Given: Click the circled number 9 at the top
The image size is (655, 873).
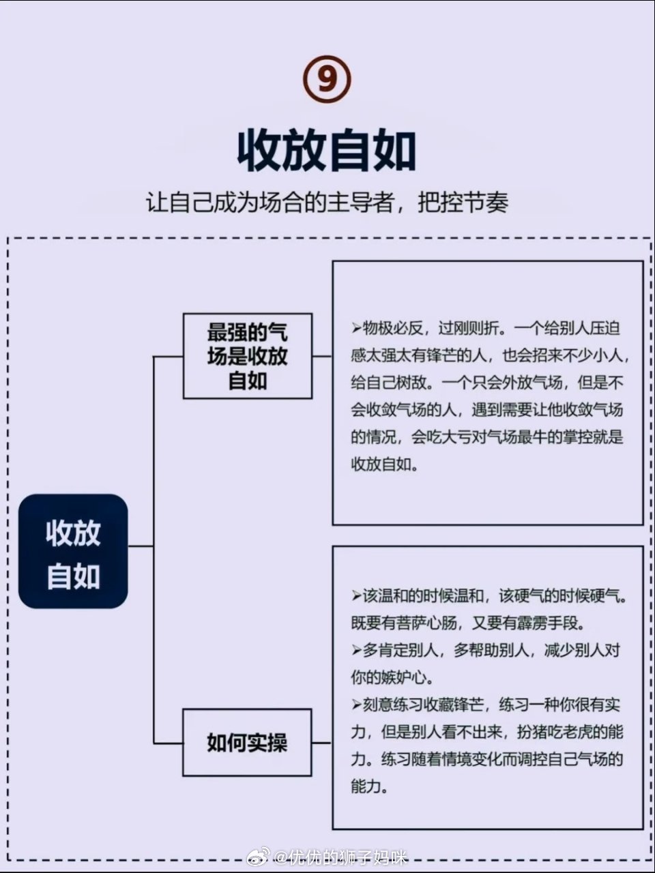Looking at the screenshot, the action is (327, 79).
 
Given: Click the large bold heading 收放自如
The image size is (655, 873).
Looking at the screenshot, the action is (327, 150).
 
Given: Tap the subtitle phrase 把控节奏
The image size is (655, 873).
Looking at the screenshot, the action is (463, 203).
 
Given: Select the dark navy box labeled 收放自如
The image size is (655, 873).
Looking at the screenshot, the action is (73, 551).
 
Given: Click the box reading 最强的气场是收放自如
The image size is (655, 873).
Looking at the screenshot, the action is (248, 356).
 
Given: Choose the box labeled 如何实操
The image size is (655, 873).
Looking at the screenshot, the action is (247, 742).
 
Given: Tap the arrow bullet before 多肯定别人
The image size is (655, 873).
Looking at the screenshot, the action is (356, 650).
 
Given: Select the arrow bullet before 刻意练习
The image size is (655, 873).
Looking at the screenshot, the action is (356, 705).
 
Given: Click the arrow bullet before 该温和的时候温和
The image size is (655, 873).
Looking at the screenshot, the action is (356, 596).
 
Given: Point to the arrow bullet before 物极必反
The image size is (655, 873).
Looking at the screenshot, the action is (356, 329).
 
